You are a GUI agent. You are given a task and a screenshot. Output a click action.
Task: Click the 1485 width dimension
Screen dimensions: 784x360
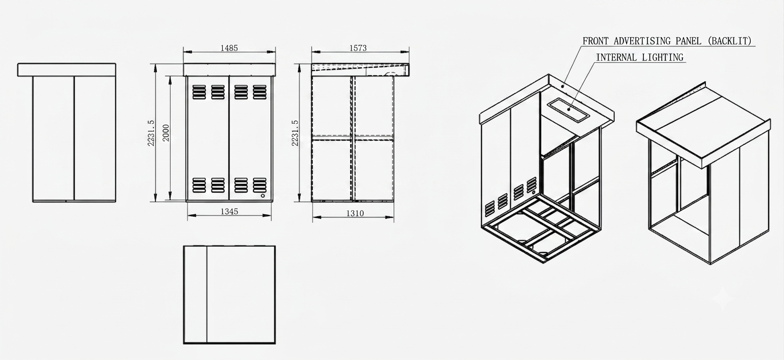click(229, 48)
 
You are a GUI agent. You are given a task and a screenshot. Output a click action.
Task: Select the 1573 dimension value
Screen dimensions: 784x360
click(358, 48)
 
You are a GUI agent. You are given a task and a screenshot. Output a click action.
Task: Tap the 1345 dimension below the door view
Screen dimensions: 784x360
click(229, 212)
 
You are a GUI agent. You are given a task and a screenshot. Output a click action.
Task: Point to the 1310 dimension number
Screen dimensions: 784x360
click(355, 213)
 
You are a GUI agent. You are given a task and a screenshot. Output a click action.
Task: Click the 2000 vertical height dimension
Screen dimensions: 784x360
click(166, 133)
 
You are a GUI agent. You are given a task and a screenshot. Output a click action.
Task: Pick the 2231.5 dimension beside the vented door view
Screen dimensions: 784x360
click(151, 133)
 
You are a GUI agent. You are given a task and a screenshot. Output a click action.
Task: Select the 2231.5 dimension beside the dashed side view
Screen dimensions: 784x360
click(295, 133)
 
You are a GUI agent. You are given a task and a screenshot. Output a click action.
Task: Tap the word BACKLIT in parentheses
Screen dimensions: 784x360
click(730, 41)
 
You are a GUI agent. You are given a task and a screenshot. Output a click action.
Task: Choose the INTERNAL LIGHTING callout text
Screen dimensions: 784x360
click(639, 57)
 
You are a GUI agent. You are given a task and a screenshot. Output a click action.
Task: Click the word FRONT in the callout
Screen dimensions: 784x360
click(595, 41)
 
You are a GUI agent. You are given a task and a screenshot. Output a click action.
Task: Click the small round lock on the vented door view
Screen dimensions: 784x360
click(263, 196)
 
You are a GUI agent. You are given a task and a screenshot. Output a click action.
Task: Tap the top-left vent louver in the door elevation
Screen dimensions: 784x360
click(199, 92)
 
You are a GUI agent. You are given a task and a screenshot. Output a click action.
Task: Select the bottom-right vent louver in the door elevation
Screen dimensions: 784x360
click(259, 185)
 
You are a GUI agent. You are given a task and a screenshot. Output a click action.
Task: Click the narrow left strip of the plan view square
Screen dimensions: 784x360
click(195, 295)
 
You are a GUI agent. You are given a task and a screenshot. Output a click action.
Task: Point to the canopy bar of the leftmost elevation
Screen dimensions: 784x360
click(66, 70)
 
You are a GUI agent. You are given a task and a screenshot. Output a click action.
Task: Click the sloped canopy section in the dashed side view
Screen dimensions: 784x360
click(360, 70)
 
